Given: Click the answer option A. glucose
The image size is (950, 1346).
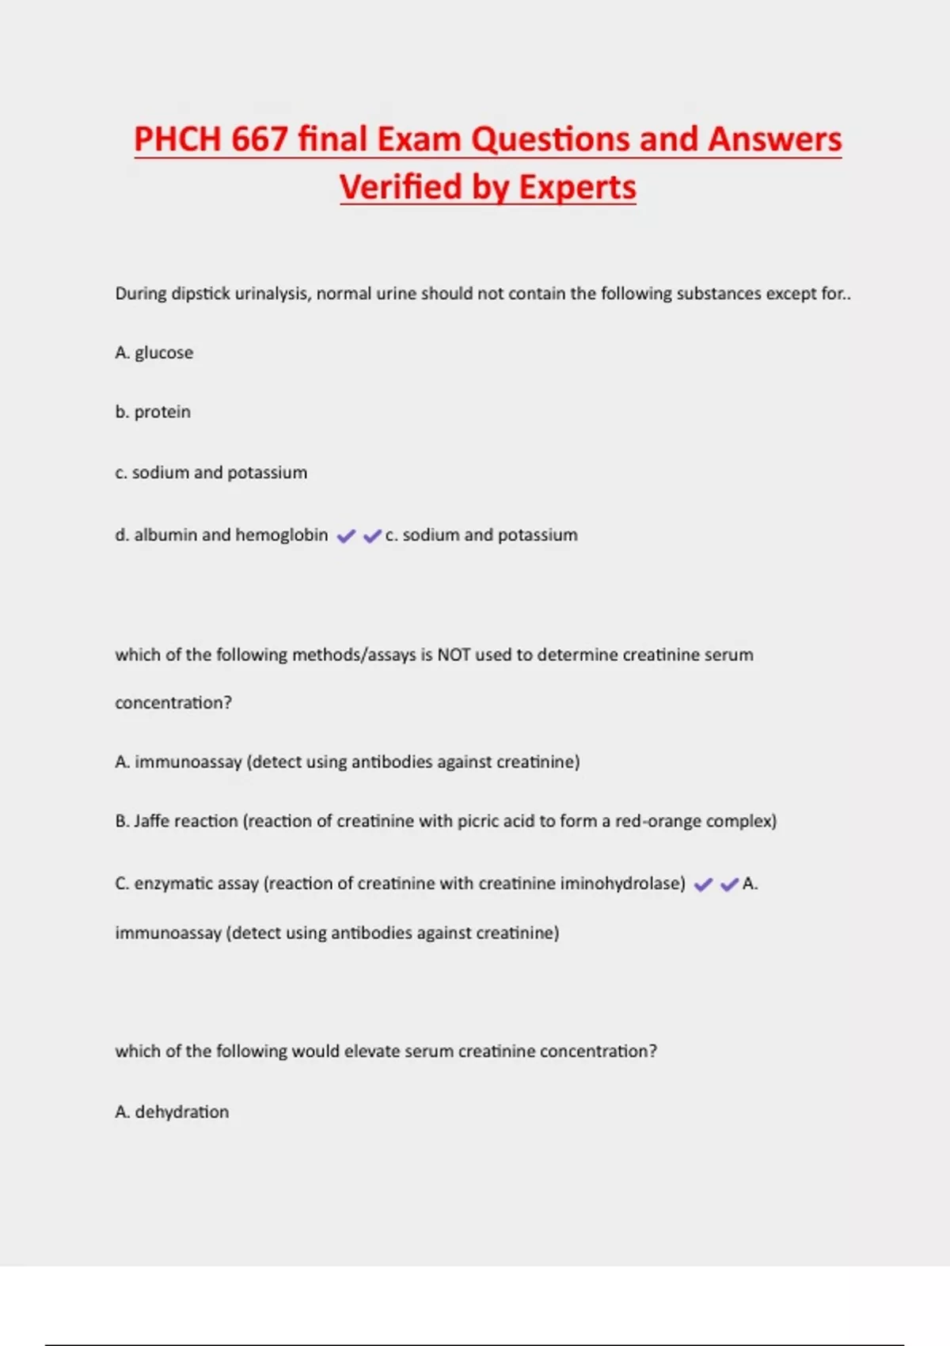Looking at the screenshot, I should [154, 352].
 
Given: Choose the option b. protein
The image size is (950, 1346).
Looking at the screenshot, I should [153, 412].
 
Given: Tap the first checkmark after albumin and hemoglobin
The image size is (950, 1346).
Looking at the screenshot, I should [346, 536].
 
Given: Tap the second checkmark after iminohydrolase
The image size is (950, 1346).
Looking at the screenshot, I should [729, 884].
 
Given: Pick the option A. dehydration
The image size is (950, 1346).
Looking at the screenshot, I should [172, 1112].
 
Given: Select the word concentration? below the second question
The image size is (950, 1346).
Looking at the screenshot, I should [173, 703].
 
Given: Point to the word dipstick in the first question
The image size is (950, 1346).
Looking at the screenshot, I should [200, 294].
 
